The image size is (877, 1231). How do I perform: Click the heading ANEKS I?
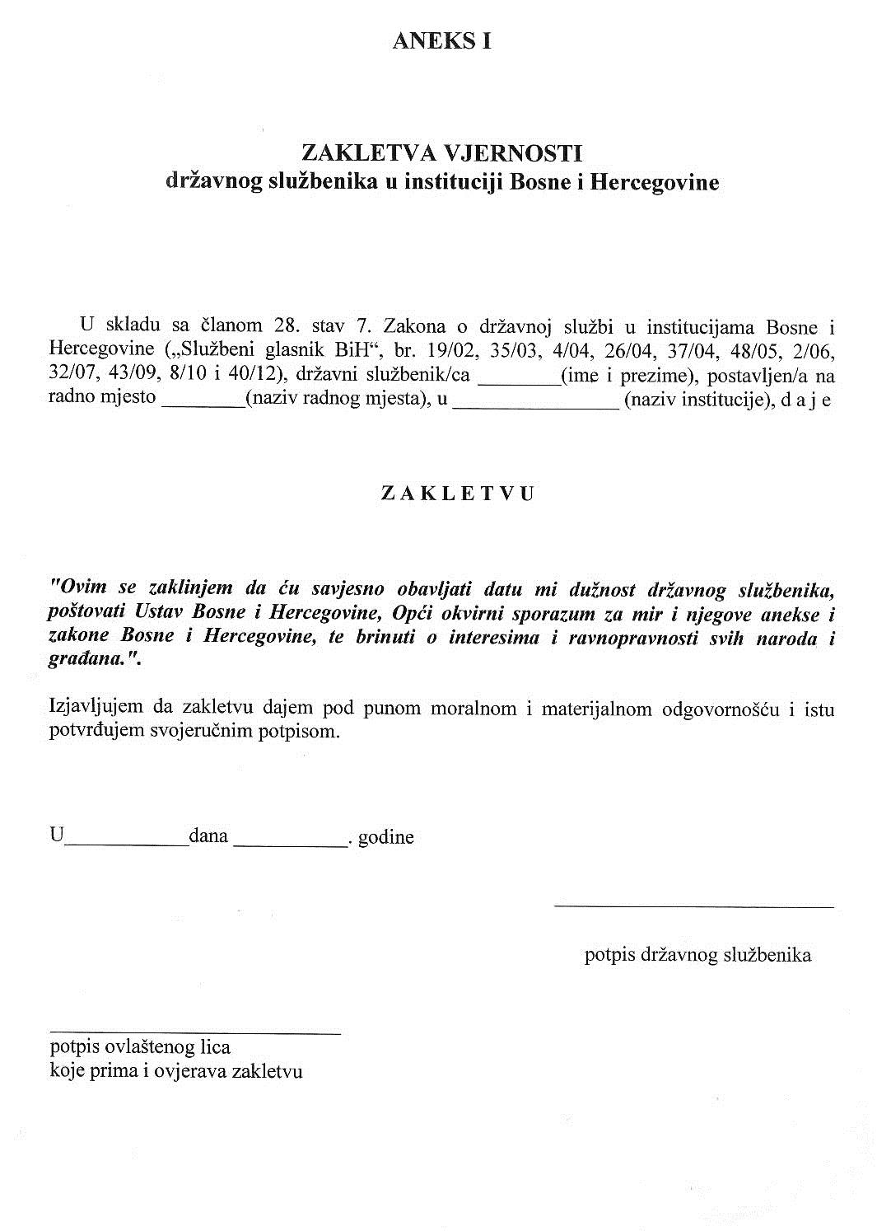coord(442,42)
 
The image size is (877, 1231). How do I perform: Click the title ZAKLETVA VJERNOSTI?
coord(442,152)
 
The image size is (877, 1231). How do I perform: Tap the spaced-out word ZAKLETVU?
coord(458,494)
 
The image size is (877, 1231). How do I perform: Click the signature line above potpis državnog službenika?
coord(693,906)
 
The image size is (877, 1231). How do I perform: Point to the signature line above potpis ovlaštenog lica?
coord(195,1032)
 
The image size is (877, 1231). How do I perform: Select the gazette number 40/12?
coord(262,374)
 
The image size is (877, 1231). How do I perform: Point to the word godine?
coord(385,838)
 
